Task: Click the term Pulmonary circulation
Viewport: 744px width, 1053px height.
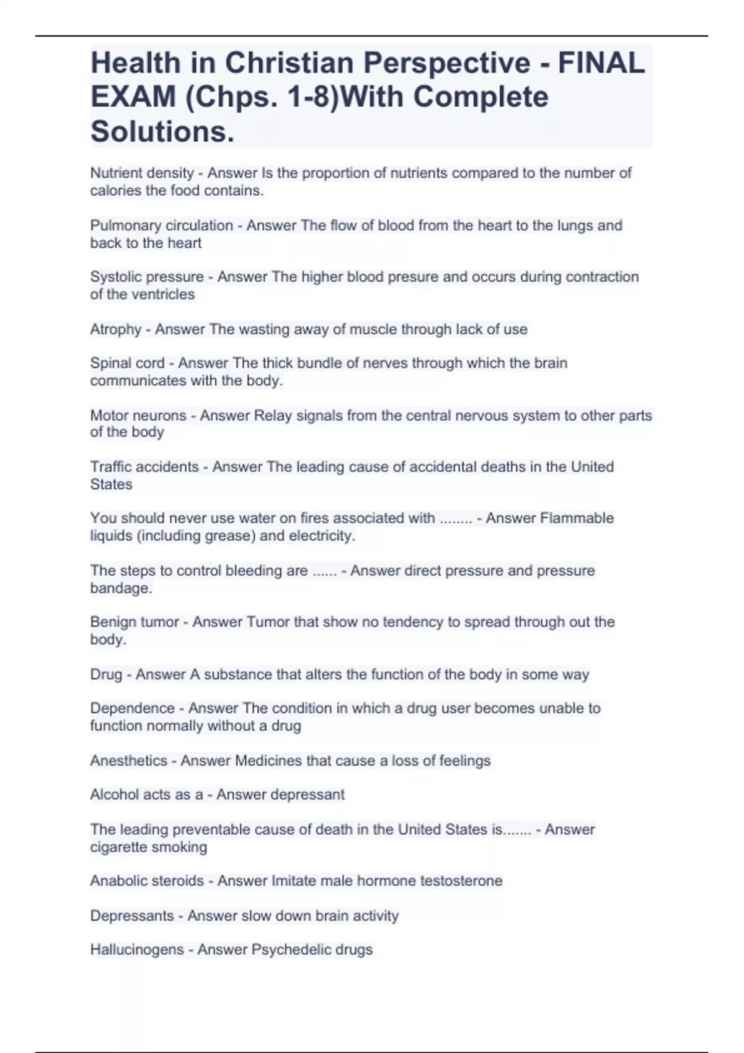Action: tap(161, 225)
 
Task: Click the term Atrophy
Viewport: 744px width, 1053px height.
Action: tap(115, 330)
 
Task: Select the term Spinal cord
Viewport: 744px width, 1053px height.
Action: tap(127, 363)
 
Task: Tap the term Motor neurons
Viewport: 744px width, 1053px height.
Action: tap(138, 416)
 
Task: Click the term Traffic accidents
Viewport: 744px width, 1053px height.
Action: tap(144, 467)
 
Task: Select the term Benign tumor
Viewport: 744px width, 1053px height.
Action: tap(134, 622)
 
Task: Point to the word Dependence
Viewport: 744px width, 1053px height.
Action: tap(132, 709)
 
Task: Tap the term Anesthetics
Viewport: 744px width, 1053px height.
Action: tap(128, 761)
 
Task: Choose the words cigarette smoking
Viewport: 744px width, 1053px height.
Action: tap(148, 847)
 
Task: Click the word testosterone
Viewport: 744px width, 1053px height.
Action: tap(461, 881)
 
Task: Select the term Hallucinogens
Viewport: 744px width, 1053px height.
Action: tap(136, 950)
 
